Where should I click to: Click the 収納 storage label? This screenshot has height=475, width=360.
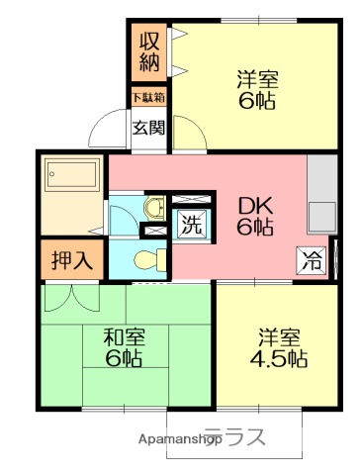click(149, 51)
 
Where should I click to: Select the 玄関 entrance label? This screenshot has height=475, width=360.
click(149, 126)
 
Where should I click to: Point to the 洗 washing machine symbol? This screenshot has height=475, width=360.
click(189, 225)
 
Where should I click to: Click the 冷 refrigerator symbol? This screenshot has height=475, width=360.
click(312, 262)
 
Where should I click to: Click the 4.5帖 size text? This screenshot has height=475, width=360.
click(277, 357)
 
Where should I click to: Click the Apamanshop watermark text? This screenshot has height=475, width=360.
click(179, 438)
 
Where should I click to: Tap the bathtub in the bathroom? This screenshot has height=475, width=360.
click(71, 177)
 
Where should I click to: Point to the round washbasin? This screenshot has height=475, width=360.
click(153, 208)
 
